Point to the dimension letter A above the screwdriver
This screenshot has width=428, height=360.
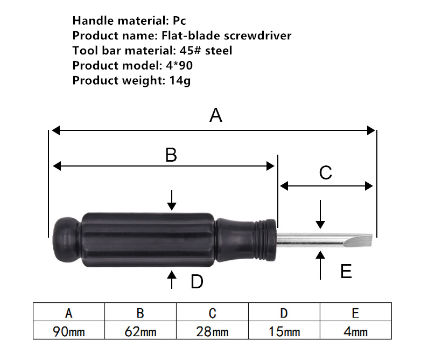[x=216, y=115]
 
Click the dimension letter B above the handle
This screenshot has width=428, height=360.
[x=171, y=155]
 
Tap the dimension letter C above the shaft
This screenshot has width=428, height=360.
[x=326, y=172]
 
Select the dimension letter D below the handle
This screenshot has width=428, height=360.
[x=197, y=282]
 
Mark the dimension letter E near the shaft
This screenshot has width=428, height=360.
[x=346, y=271]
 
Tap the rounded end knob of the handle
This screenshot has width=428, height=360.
[x=66, y=240]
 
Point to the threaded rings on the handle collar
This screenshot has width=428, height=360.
[x=262, y=240]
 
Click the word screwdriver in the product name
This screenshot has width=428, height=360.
[x=257, y=36]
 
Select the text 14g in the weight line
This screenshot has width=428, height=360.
[x=180, y=81]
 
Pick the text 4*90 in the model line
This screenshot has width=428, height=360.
[x=179, y=65]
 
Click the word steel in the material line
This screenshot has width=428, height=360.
[x=219, y=51]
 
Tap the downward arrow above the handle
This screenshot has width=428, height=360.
[x=172, y=200]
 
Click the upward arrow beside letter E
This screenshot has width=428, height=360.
[x=320, y=265]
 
